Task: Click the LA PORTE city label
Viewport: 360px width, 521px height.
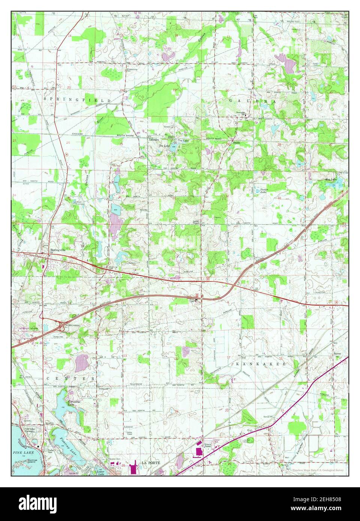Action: click(151, 463)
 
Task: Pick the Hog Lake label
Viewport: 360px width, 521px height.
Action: click(331, 180)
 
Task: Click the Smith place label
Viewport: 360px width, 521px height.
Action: click(236, 143)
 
